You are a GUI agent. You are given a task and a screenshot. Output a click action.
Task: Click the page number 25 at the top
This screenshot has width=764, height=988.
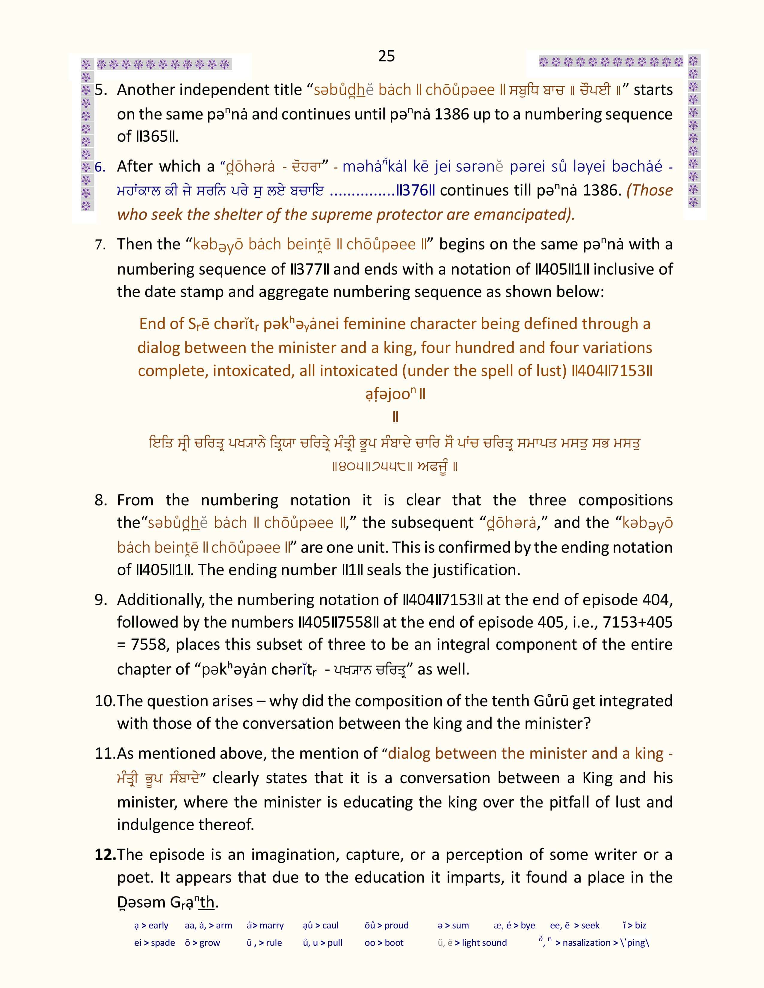pos(386,56)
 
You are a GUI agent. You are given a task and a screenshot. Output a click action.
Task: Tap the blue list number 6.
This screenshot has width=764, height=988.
pos(100,167)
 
